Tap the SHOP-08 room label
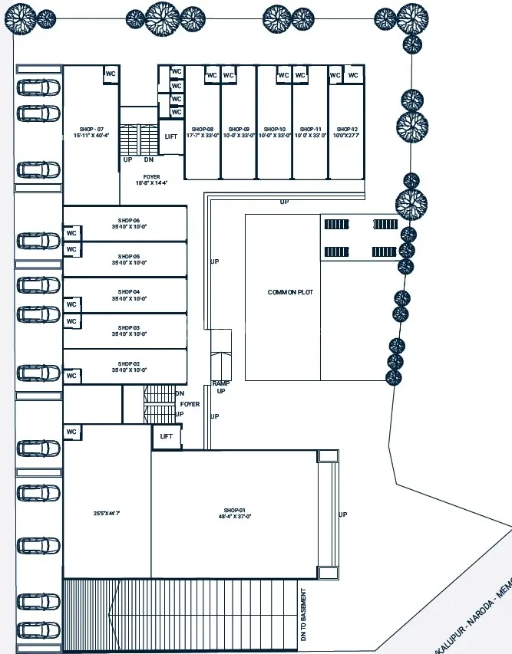click(203, 129)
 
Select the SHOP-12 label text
click(346, 129)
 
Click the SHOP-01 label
click(233, 510)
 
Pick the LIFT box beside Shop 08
click(170, 136)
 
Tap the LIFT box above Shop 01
click(167, 436)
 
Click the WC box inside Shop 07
click(111, 74)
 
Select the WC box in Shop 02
click(72, 376)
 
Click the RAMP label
click(221, 383)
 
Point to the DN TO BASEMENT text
click(304, 616)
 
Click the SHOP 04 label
click(128, 292)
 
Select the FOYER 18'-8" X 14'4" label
click(151, 180)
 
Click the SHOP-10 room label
click(274, 129)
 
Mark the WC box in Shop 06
click(72, 233)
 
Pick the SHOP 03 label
click(128, 328)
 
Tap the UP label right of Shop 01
click(342, 514)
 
